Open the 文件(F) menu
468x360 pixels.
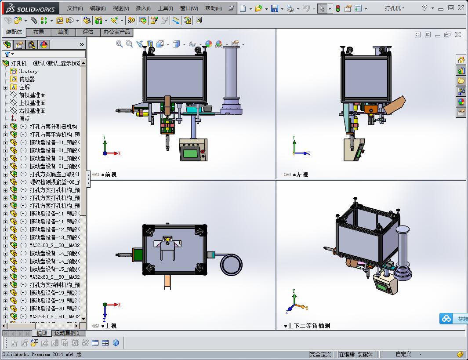pyautogui.click(x=75, y=8)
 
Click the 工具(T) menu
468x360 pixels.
pyautogui.click(x=165, y=8)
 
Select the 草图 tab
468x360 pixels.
pyautogui.click(x=63, y=32)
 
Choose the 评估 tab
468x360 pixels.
pyautogui.click(x=88, y=32)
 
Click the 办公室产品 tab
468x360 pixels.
pyautogui.click(x=117, y=32)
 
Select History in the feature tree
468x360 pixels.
pyautogui.click(x=28, y=71)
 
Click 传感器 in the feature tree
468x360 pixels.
pyautogui.click(x=27, y=79)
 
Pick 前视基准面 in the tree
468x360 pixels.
pyautogui.click(x=32, y=95)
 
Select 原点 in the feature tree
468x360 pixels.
pyautogui.click(x=24, y=119)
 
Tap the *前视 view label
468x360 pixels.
pyautogui.click(x=109, y=175)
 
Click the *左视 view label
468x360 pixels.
pyautogui.click(x=302, y=175)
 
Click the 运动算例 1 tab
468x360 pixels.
pyautogui.click(x=67, y=333)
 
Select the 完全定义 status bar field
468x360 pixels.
pyautogui.click(x=320, y=354)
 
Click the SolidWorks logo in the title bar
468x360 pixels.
pyautogui.click(x=31, y=8)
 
